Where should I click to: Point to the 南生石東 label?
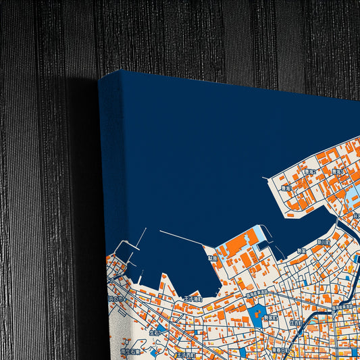point(130,351)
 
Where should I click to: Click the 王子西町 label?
point(185,354)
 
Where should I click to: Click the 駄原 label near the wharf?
point(213,257)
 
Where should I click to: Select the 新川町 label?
point(324,241)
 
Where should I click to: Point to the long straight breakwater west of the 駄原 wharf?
point(182,238)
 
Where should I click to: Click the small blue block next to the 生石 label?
point(159,330)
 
